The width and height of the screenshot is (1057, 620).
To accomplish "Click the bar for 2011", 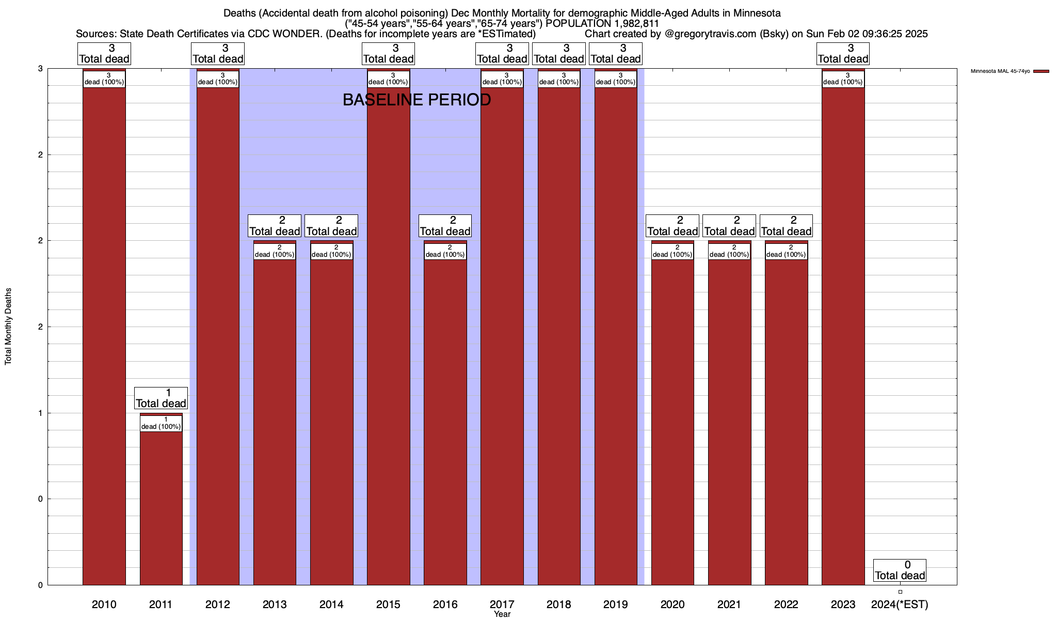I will tap(161, 506).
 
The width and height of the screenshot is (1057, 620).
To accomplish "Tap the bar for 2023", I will tap(843, 336).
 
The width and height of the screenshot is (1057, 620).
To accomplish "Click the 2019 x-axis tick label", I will tap(616, 604).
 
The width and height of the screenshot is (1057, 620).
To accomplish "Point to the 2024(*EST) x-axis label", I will tap(900, 604).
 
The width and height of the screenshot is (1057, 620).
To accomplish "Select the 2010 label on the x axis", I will tap(104, 604).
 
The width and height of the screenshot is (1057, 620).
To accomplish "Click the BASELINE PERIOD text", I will tap(417, 100).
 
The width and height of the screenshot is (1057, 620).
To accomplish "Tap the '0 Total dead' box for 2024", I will tap(900, 570).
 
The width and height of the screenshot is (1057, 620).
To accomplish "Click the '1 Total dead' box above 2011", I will tap(161, 398).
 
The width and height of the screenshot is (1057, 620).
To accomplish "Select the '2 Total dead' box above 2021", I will tap(729, 226).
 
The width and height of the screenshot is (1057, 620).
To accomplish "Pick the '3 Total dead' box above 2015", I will tap(388, 54).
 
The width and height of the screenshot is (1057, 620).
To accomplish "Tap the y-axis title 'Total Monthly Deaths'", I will tap(8, 326).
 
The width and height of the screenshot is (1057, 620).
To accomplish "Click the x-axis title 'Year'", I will tap(502, 614).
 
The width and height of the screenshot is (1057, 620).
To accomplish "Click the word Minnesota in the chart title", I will tap(755, 13).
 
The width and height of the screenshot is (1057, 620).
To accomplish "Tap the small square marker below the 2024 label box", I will tap(900, 592).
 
